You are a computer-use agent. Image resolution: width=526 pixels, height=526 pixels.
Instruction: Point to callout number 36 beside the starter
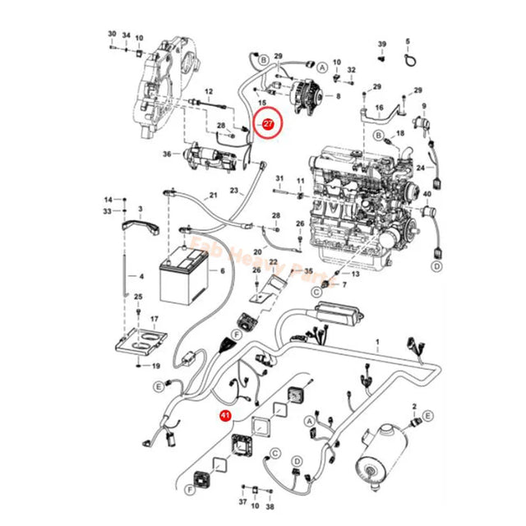click(x=167, y=154)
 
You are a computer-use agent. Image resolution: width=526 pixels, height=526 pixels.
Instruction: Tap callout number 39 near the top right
click(x=381, y=43)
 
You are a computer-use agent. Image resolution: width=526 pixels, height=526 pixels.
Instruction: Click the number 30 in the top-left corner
click(x=113, y=35)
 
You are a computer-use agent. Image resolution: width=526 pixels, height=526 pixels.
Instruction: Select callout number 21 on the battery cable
click(x=213, y=195)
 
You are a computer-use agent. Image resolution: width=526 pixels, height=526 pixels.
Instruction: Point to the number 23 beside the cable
click(x=234, y=190)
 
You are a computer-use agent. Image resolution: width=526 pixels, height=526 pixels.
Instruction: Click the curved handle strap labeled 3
click(x=140, y=225)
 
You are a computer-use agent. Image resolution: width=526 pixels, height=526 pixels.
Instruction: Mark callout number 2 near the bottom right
click(x=416, y=406)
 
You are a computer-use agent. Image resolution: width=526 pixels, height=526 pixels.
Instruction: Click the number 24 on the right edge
click(x=419, y=168)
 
